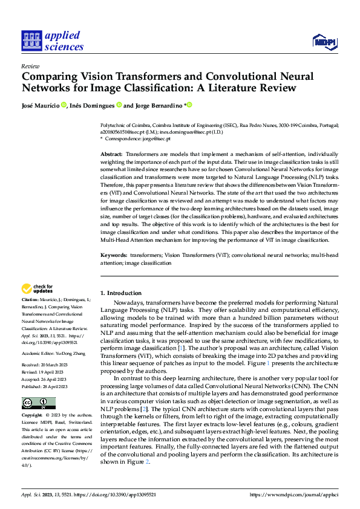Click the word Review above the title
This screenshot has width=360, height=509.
pos(30,66)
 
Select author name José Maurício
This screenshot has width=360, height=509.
pos(40,105)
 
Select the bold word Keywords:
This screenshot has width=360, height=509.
pos(113,256)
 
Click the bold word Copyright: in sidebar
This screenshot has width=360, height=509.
pos(32,416)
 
